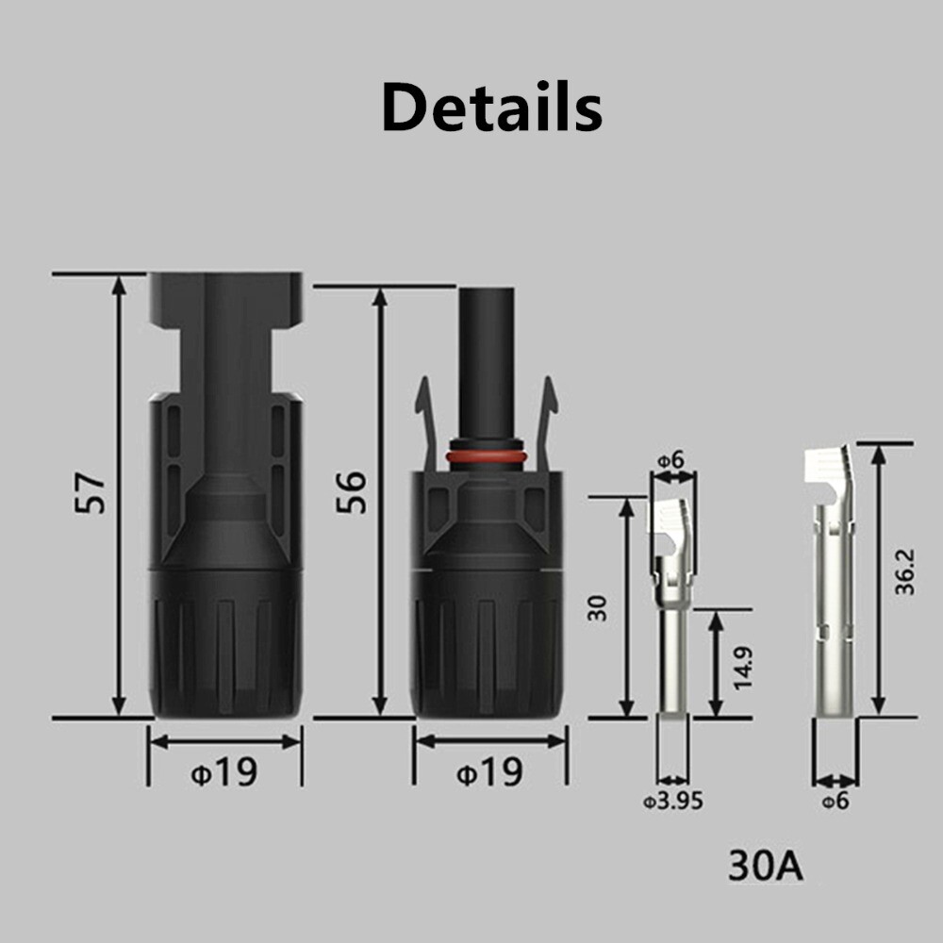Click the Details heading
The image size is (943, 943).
click(x=491, y=108)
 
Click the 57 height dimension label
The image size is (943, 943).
click(x=91, y=494)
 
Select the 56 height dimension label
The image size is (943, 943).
click(x=351, y=492)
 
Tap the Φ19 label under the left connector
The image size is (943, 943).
click(x=224, y=771)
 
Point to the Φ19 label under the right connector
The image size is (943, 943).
click(x=489, y=771)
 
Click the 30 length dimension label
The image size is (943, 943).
click(x=597, y=608)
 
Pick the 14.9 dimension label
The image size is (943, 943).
click(x=743, y=669)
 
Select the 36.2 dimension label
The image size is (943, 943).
click(x=904, y=572)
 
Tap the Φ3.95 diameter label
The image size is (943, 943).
click(x=673, y=802)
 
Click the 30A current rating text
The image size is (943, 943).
click(x=765, y=866)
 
